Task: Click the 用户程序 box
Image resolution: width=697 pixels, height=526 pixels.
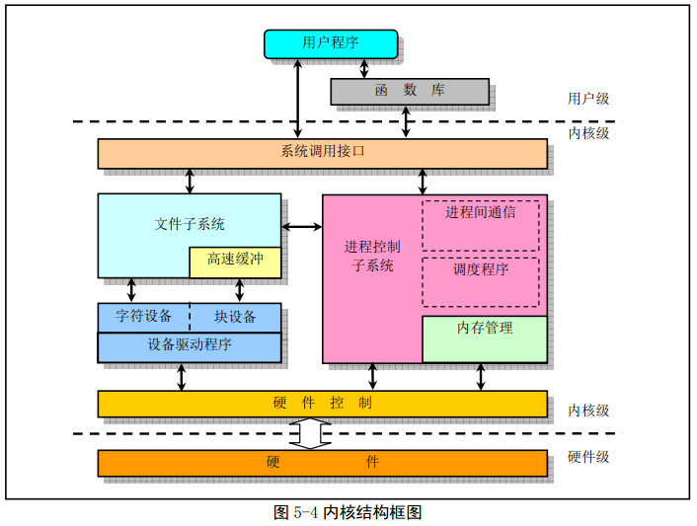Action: tap(331, 43)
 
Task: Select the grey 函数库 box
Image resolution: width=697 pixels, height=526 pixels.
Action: tap(409, 91)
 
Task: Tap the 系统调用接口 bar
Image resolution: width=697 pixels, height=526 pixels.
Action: tap(322, 153)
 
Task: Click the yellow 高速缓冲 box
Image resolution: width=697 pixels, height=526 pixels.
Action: tap(235, 262)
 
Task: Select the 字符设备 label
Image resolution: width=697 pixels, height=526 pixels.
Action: tap(143, 317)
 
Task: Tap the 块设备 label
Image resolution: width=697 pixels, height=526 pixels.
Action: tap(235, 317)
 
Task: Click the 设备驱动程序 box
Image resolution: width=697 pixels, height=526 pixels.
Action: tap(189, 346)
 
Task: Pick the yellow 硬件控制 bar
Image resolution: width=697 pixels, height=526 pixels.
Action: tap(322, 404)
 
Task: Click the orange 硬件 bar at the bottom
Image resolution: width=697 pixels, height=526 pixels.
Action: tap(322, 462)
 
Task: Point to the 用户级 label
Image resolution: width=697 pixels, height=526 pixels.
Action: tap(588, 99)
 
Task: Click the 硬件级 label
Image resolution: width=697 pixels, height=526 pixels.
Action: tap(588, 457)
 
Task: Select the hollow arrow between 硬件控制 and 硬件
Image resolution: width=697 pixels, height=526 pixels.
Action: tap(310, 433)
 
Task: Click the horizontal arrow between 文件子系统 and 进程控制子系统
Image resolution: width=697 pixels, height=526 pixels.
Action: tap(302, 228)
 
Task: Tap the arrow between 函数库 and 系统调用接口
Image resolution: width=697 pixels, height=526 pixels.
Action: tap(406, 122)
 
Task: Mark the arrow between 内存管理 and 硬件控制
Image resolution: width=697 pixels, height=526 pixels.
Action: tap(481, 377)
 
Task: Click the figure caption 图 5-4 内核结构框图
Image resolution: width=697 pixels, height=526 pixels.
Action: tap(348, 512)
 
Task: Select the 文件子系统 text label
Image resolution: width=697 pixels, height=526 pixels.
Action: tap(190, 224)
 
